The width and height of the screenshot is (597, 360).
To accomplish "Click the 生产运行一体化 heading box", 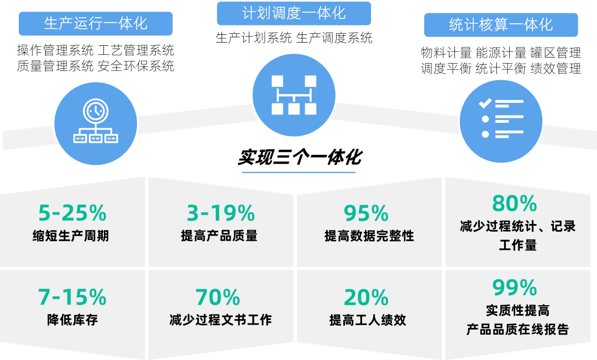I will (x=96, y=24).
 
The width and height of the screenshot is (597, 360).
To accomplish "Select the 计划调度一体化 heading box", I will (x=294, y=13).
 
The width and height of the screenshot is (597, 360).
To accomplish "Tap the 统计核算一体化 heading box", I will (x=501, y=25).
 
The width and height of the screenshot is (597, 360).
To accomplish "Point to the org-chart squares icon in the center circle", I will (x=294, y=95).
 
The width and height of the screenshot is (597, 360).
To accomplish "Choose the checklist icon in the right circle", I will (x=501, y=119).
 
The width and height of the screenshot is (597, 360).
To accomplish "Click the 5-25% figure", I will (x=72, y=213).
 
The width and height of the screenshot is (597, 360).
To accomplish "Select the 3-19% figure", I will (x=221, y=213).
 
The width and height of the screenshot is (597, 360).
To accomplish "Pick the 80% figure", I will (x=514, y=204).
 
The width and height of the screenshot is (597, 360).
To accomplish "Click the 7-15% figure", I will (x=72, y=298).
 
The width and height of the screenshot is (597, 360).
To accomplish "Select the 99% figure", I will (x=514, y=288).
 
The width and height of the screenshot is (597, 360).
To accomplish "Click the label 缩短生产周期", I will (x=71, y=236).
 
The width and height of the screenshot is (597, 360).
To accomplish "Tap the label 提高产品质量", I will (x=219, y=236).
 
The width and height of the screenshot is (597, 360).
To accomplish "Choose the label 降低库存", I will (x=72, y=320).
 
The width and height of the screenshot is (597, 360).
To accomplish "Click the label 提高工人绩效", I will (x=368, y=320).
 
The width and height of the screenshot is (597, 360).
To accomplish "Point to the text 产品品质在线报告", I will (x=517, y=330).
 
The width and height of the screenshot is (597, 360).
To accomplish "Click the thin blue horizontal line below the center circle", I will (x=298, y=173).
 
